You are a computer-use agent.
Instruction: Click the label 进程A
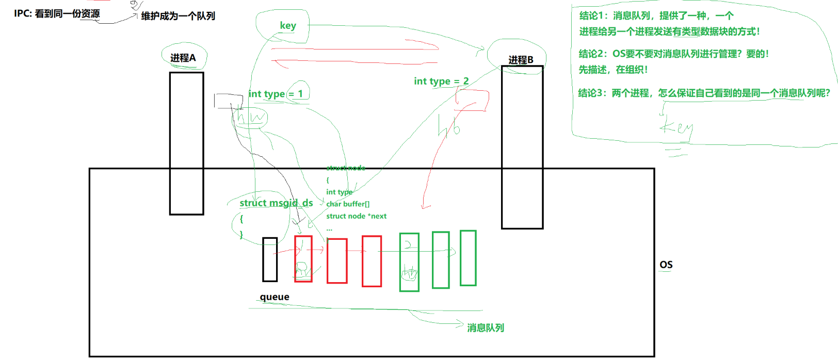tap(183, 58)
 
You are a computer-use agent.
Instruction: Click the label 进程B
tap(521, 60)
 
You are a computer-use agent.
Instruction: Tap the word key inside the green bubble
tap(288, 25)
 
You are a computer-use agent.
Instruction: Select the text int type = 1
tap(276, 94)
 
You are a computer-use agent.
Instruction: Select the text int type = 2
tap(441, 81)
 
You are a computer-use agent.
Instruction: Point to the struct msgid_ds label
tap(276, 203)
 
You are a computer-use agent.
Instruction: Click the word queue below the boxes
tap(275, 297)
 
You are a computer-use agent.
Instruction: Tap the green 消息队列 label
tap(486, 328)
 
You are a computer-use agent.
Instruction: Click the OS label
tap(666, 265)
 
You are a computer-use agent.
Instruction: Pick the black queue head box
tap(270, 259)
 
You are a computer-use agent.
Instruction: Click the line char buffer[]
tap(348, 204)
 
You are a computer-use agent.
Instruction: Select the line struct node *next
tap(356, 216)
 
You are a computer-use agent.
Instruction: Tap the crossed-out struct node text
tap(346, 168)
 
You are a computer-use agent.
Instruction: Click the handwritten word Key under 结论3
tap(676, 126)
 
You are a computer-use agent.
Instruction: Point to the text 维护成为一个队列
tap(178, 16)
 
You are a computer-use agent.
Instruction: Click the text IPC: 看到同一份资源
tap(57, 13)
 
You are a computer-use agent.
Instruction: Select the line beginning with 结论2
tap(673, 54)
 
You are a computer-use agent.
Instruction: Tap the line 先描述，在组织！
tap(613, 70)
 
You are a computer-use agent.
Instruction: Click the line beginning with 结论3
tap(704, 93)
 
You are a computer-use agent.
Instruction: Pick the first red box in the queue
tap(303, 258)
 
